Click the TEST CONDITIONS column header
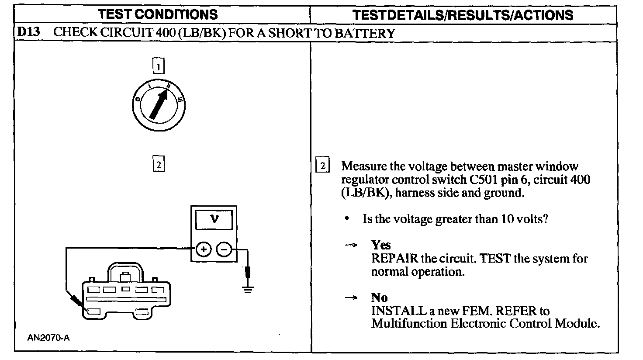tap(158, 14)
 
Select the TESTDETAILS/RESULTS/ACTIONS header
tap(463, 15)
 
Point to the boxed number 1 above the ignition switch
tap(158, 66)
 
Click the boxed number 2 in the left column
tap(158, 165)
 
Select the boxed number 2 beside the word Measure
tap(323, 166)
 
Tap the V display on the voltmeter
tap(214, 219)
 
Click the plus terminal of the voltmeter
tap(203, 249)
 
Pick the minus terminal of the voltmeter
tap(224, 249)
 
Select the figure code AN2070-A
tap(48, 337)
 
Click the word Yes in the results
tap(380, 245)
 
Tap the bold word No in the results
tap(379, 298)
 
